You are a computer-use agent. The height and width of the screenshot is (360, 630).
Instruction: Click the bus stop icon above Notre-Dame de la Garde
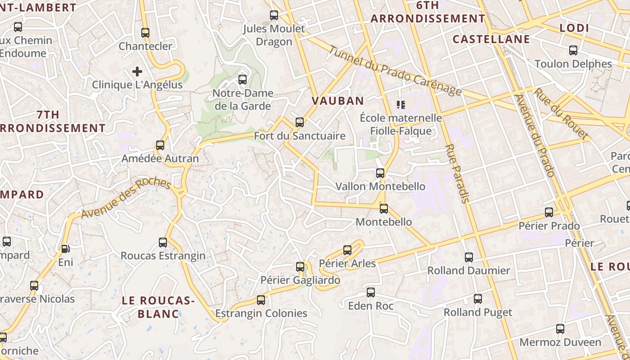(243, 80)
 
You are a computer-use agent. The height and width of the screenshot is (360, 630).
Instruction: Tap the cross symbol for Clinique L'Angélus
(137, 71)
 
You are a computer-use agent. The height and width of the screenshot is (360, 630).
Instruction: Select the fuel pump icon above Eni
(65, 248)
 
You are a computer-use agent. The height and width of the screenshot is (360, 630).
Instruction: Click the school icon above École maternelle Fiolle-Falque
(401, 105)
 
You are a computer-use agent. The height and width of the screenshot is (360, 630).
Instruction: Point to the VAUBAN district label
(338, 101)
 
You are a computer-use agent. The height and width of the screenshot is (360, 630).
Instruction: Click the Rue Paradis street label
(457, 173)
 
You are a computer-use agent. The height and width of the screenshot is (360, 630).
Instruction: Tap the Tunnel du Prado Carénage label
(395, 71)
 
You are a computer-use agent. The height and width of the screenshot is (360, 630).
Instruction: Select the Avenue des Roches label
(126, 198)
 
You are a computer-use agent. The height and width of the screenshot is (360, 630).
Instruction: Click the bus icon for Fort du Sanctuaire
(300, 122)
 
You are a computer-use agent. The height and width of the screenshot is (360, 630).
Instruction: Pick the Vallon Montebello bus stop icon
(380, 173)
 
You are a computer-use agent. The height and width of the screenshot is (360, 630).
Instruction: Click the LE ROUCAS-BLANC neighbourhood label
(158, 307)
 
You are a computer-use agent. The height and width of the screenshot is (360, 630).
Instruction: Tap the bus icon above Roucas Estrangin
(163, 243)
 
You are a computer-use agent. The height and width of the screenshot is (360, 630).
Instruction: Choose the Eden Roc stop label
(371, 306)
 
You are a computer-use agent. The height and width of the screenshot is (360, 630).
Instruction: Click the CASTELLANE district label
(491, 39)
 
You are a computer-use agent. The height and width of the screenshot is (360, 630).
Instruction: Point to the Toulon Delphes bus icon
(573, 50)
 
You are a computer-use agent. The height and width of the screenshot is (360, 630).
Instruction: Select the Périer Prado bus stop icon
(549, 212)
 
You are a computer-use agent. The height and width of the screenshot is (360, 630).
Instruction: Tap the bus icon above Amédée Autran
(160, 145)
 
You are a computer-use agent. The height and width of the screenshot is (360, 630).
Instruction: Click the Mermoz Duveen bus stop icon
(560, 329)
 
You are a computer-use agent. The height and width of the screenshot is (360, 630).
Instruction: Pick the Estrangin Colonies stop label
(261, 313)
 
